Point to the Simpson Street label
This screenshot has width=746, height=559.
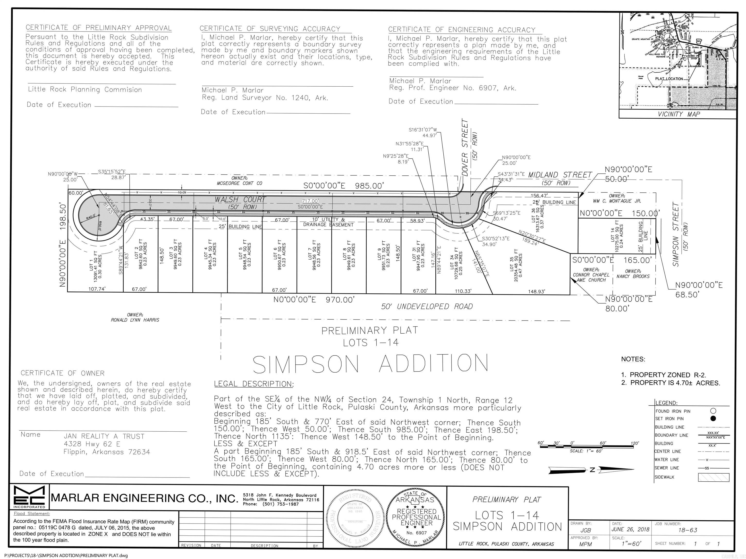tap(676, 230)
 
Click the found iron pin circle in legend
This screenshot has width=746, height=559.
tap(713, 411)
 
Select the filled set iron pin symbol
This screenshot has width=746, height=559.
tap(713, 419)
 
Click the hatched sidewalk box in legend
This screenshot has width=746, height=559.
tap(713, 477)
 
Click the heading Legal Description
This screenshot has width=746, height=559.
tap(254, 384)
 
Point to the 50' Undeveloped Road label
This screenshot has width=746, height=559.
tap(427, 306)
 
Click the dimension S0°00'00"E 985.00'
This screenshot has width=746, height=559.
tap(343, 186)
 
